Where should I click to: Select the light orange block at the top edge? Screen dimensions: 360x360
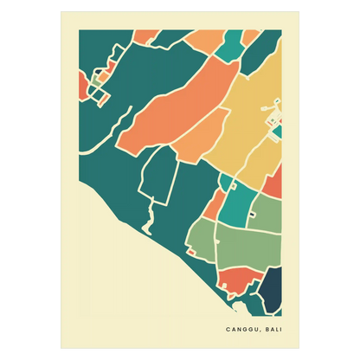point(204,40)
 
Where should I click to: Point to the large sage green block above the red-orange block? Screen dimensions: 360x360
point(247,247)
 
